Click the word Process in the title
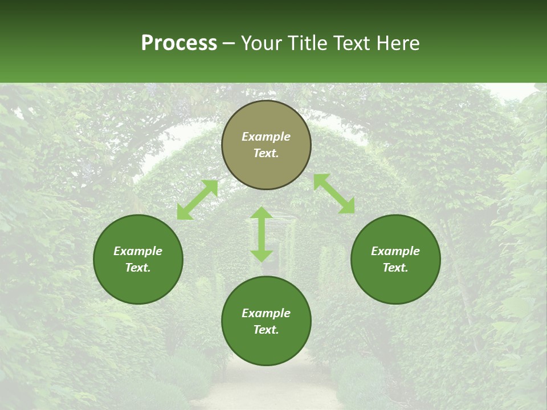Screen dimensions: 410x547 (179, 43)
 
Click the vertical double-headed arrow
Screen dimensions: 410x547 (262, 234)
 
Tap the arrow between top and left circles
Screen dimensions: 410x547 (197, 200)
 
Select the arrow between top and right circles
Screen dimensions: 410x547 (334, 194)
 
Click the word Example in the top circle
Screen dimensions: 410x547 (266, 137)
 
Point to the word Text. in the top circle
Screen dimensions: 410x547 (266, 153)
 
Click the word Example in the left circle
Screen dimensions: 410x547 (138, 251)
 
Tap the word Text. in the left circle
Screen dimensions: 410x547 (138, 268)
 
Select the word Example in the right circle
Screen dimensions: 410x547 (395, 251)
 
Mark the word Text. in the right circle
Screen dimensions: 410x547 (395, 268)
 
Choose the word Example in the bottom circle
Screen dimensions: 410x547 (266, 313)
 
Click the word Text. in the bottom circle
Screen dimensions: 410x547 (266, 330)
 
